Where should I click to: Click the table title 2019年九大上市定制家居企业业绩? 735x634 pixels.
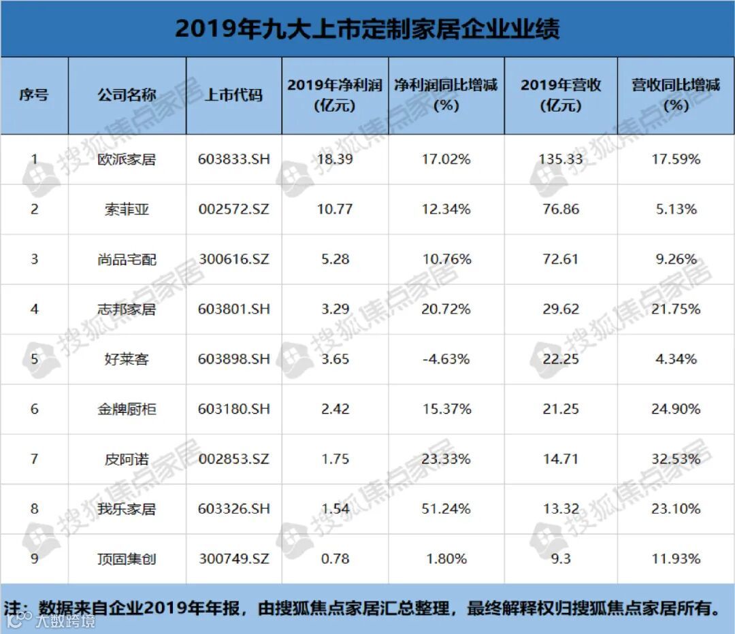(x=367, y=29)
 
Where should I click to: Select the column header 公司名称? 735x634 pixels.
(x=127, y=95)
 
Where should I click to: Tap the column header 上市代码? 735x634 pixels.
(x=233, y=95)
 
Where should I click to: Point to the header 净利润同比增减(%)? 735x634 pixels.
(x=446, y=95)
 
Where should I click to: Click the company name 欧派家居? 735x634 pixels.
(x=127, y=160)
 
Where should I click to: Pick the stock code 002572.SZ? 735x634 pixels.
(x=233, y=210)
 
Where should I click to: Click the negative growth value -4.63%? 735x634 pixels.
(x=446, y=359)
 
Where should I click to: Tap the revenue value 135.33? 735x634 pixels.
(x=561, y=160)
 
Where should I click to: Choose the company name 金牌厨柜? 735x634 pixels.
(x=127, y=410)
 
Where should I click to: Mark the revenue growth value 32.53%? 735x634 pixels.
(x=675, y=459)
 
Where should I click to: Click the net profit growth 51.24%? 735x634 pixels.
(x=446, y=509)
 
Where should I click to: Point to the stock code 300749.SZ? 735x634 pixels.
(x=233, y=559)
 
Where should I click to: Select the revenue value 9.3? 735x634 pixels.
(x=561, y=559)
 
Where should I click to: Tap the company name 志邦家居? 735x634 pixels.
(x=127, y=310)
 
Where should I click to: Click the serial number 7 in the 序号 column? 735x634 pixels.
(x=34, y=459)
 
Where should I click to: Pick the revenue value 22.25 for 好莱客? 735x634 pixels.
(x=561, y=359)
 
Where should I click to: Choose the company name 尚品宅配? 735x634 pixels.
(x=127, y=260)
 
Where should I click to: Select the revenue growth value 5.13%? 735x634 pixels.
(x=675, y=210)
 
